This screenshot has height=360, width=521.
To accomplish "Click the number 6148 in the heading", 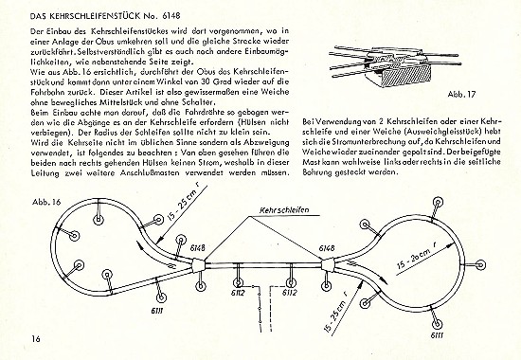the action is (171, 16).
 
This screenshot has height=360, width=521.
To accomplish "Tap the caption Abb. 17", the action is (461, 94).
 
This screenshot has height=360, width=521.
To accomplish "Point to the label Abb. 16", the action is (46, 202).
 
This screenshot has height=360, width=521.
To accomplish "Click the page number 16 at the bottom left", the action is (36, 339).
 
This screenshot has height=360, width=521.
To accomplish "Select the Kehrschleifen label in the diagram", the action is (284, 210).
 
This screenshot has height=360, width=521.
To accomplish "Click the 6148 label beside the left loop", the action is (198, 248).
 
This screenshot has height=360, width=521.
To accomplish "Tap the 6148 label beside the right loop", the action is (327, 248).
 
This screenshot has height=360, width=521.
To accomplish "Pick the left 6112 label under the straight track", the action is (237, 293).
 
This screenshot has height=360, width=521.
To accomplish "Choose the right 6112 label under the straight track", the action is (290, 293).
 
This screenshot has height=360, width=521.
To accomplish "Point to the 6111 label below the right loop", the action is (437, 335).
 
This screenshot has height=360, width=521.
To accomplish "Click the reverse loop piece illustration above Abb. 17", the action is (395, 65).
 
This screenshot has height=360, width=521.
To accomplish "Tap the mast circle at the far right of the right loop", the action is (480, 265).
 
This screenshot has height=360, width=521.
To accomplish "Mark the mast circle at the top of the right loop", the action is (438, 203).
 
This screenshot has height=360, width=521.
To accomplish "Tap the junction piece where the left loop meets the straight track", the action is (199, 264).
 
